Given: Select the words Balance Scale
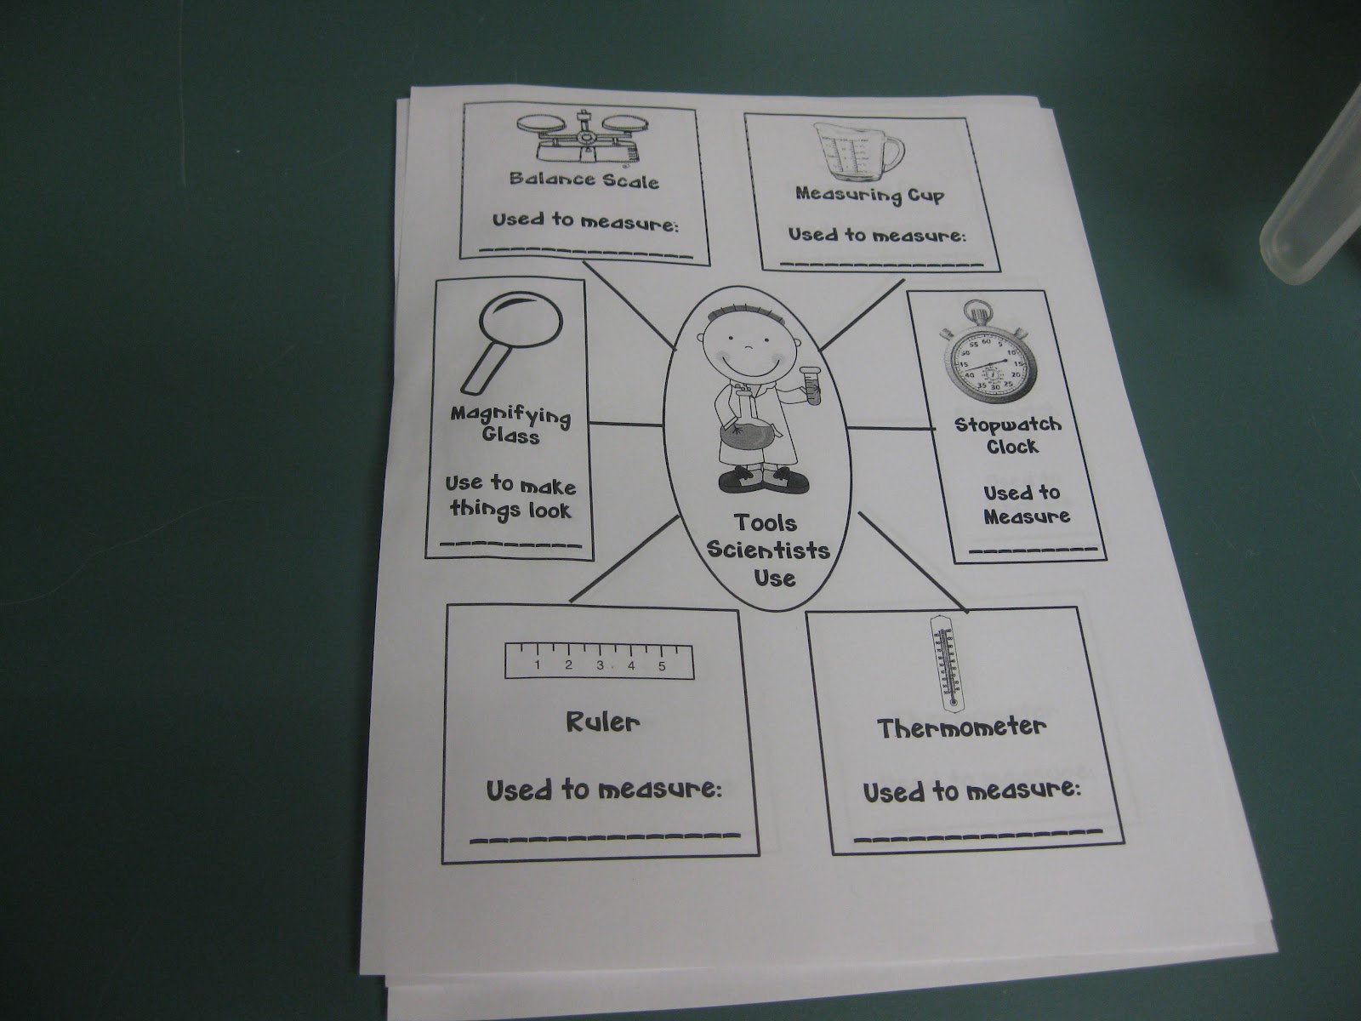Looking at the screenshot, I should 584,180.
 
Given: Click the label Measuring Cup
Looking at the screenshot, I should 869,195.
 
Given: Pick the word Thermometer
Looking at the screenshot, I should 961,728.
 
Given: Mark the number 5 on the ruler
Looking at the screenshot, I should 661,666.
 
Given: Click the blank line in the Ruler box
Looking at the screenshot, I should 606,838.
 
